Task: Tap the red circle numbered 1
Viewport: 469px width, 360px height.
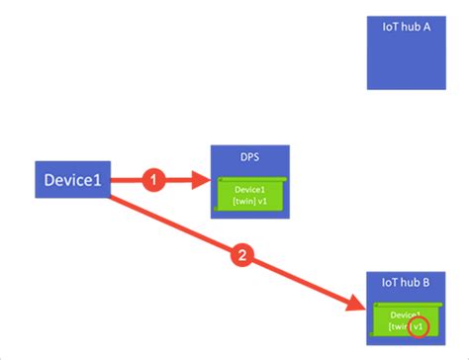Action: click(151, 180)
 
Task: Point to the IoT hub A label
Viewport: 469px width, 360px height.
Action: click(406, 28)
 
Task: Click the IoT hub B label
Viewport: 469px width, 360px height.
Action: click(406, 282)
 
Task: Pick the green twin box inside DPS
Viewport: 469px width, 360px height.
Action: click(249, 195)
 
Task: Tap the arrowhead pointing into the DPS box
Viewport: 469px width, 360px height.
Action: click(205, 180)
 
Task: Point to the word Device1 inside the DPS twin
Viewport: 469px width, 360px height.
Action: click(249, 189)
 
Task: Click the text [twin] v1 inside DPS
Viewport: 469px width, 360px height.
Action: click(249, 202)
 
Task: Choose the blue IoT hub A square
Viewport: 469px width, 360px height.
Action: click(406, 54)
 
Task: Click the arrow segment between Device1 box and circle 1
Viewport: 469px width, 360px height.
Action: click(126, 180)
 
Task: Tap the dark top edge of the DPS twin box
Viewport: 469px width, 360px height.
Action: click(249, 178)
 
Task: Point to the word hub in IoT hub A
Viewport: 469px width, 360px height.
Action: click(406, 28)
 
